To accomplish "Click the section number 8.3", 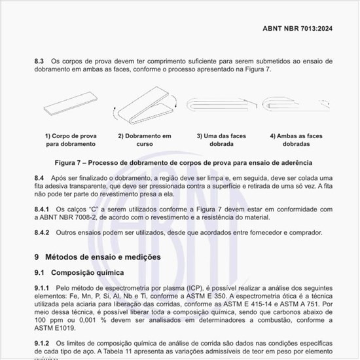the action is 39,61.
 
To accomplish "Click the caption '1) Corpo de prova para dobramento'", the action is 70,139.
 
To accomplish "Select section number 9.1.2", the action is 43,344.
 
